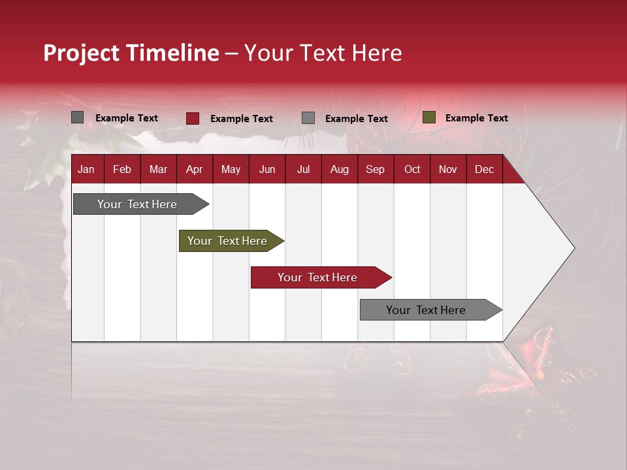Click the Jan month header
[86, 170]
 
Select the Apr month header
[195, 170]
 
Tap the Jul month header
[303, 170]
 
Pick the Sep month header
[376, 170]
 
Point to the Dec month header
[484, 170]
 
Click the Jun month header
[267, 170]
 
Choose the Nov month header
[448, 170]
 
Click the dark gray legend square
[78, 117]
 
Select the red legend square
[193, 118]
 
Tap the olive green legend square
[428, 117]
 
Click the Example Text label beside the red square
[242, 119]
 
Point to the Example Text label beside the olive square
[477, 118]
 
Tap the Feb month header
[122, 170]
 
